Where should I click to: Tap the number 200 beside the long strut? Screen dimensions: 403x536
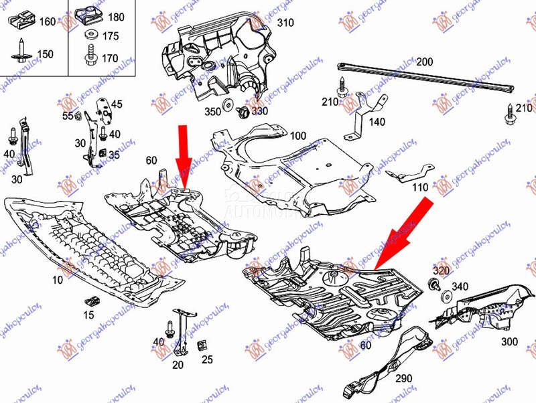pyautogui.click(x=425, y=62)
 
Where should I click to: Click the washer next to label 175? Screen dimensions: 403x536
pyautogui.click(x=90, y=35)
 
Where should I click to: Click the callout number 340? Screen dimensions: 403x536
pyautogui.click(x=460, y=287)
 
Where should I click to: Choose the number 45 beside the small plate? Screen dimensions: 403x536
pyautogui.click(x=117, y=104)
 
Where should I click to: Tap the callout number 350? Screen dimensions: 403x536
pyautogui.click(x=212, y=111)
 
